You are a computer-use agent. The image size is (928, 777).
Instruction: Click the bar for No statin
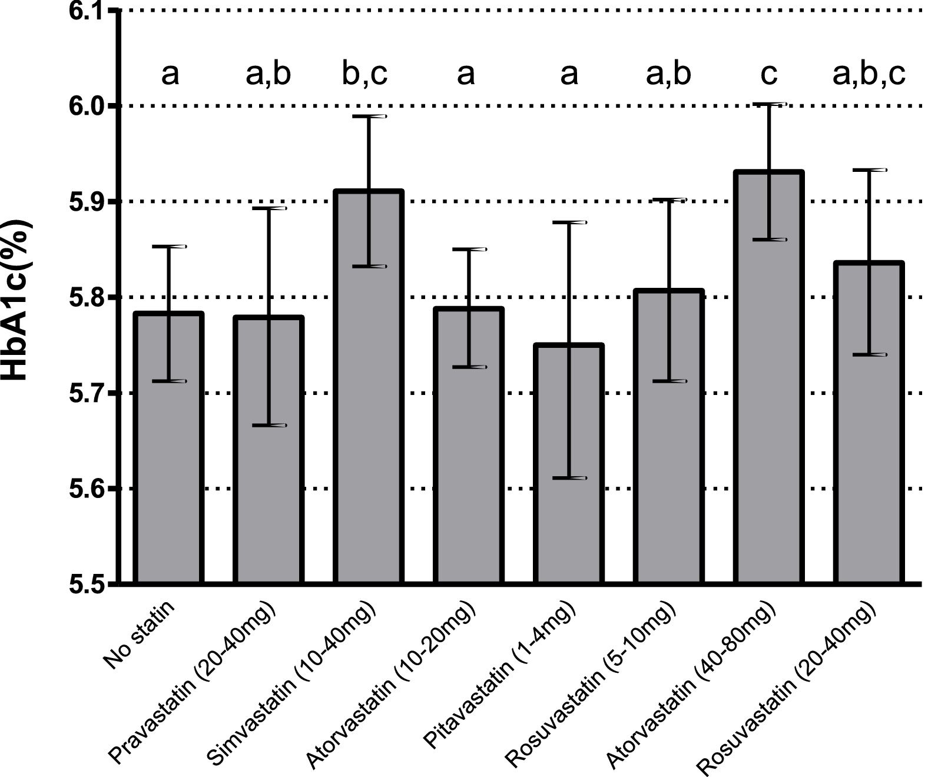[169, 459]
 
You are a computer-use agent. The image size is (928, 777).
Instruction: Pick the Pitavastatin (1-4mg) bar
[569, 471]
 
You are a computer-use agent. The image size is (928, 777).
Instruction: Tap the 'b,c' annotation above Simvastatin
[365, 75]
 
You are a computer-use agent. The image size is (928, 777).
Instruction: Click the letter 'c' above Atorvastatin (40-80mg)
[768, 75]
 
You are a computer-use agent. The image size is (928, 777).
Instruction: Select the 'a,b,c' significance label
[869, 75]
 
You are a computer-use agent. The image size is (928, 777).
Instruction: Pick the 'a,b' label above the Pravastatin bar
[268, 75]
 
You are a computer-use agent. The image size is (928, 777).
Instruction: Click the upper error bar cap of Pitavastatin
[569, 223]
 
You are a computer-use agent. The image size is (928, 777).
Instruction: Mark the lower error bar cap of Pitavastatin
[569, 478]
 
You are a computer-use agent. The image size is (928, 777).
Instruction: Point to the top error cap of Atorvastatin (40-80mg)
[769, 104]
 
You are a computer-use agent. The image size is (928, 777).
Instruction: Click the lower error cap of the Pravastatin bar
[269, 425]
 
